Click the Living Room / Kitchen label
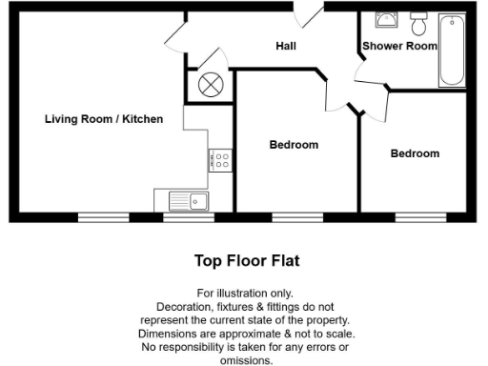[104, 119]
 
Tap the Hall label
[286, 46]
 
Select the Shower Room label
[399, 46]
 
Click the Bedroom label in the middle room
[294, 145]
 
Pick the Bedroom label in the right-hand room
[416, 153]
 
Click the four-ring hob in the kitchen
[220, 160]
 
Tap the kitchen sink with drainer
[189, 200]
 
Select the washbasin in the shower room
[387, 21]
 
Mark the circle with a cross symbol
[210, 84]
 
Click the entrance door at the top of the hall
[310, 13]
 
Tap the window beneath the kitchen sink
[188, 218]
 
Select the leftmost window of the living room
[103, 218]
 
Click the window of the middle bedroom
[297, 218]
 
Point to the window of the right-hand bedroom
[420, 218]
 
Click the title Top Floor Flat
[247, 259]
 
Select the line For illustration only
[246, 294]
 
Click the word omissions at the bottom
[246, 361]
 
